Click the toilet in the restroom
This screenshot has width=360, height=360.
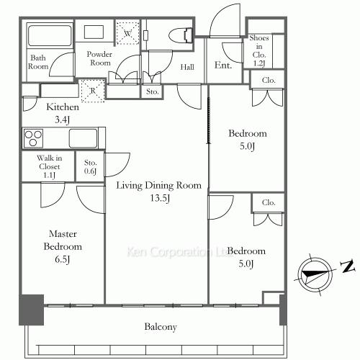pyautogui.click(x=181, y=35)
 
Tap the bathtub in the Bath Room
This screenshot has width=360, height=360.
pyautogui.click(x=50, y=35)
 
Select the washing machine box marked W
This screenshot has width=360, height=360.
pyautogui.click(x=127, y=33)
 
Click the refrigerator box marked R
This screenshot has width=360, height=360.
pyautogui.click(x=93, y=91)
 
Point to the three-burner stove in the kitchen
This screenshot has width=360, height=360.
pyautogui.click(x=33, y=138)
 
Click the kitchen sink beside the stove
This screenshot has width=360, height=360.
pyautogui.click(x=84, y=138)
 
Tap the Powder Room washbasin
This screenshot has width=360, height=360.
pyautogui.click(x=94, y=32)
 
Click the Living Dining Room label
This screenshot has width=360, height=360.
pyautogui.click(x=159, y=185)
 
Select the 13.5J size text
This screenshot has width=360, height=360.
pyautogui.click(x=160, y=198)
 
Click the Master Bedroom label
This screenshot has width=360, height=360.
pyautogui.click(x=63, y=240)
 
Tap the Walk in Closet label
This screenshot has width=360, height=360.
pyautogui.click(x=50, y=162)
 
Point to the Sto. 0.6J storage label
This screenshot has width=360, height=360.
pyautogui.click(x=91, y=167)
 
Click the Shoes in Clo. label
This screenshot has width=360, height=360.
pyautogui.click(x=259, y=46)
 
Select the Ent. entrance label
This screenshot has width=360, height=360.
pyautogui.click(x=223, y=65)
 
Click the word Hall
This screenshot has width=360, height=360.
pyautogui.click(x=187, y=67)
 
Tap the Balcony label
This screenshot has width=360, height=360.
pyautogui.click(x=161, y=327)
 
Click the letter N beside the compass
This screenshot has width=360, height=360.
pyautogui.click(x=348, y=266)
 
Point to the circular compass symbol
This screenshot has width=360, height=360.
pyautogui.click(x=315, y=274)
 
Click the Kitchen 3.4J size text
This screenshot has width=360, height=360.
pyautogui.click(x=62, y=120)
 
